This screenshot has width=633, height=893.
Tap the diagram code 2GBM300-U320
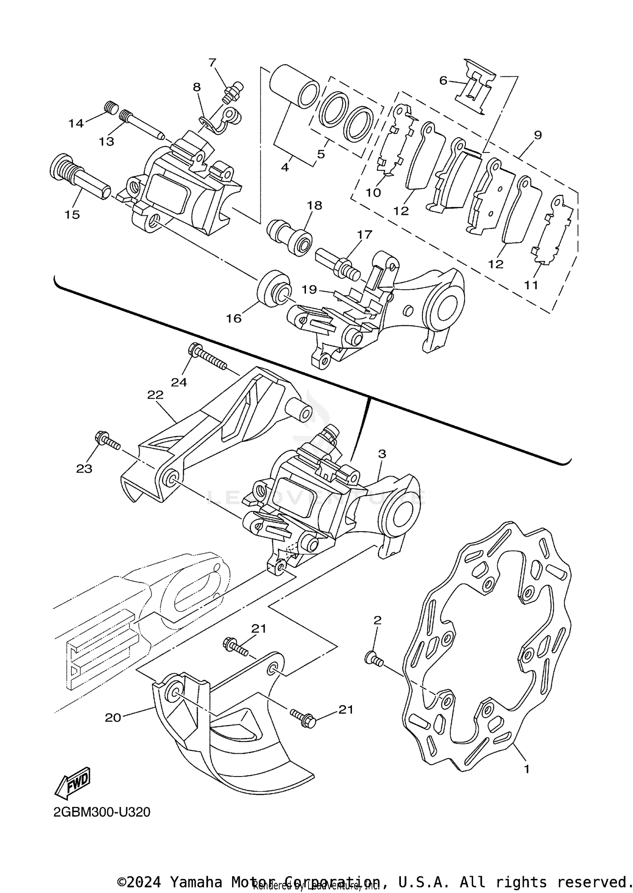point(102,812)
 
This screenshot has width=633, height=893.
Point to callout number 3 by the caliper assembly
point(381,454)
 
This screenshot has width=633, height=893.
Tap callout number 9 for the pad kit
point(537,135)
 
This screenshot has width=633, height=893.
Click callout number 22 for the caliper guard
point(155,395)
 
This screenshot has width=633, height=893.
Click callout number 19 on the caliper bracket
point(309,289)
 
